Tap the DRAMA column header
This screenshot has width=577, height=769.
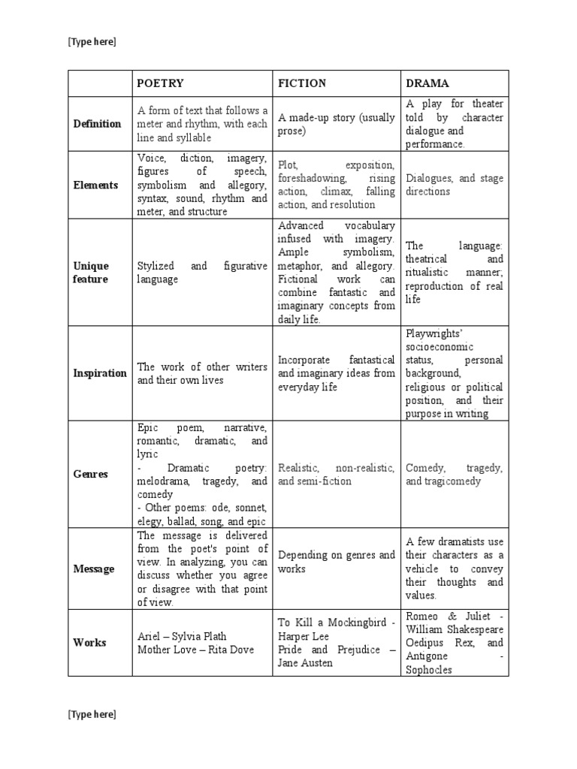tap(427, 83)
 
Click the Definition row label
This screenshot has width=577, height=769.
tap(97, 124)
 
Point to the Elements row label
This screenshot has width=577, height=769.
tap(95, 185)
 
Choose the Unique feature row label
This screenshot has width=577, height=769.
tap(91, 273)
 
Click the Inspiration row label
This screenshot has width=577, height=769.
tap(100, 373)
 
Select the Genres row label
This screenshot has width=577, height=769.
tap(90, 474)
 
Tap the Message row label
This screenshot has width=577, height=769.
tap(94, 568)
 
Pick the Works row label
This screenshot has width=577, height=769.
tap(89, 642)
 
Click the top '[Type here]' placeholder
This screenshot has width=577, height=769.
tap(92, 42)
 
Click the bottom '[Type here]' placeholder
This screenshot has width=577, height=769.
tap(92, 714)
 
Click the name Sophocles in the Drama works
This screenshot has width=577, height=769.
tap(428, 670)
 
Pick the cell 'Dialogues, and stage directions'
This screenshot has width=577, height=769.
tap(454, 185)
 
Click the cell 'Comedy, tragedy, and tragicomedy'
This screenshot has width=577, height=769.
tap(454, 474)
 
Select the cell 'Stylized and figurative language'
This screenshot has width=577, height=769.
tap(201, 273)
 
